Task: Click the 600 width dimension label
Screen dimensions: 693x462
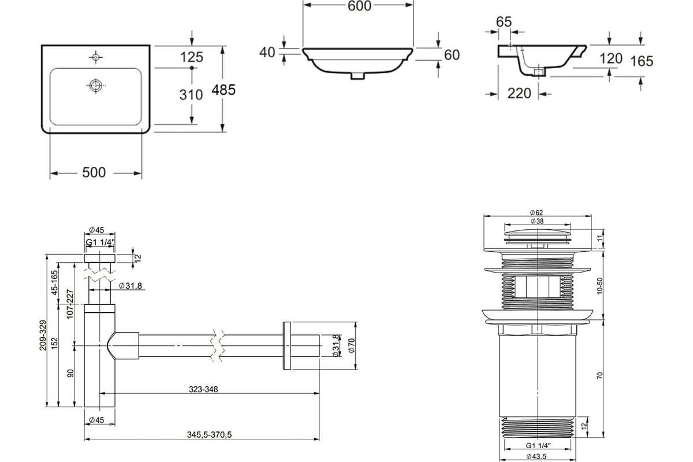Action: (x=359, y=6)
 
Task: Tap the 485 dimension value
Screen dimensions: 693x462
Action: (x=223, y=90)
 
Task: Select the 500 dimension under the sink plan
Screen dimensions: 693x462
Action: (x=94, y=172)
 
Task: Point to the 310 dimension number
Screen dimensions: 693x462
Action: (x=191, y=95)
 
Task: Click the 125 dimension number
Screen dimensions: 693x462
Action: (x=192, y=57)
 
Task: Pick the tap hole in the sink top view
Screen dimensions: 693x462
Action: (x=96, y=57)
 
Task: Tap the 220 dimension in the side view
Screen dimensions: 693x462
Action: (x=519, y=93)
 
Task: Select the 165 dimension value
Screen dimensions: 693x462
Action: (x=642, y=61)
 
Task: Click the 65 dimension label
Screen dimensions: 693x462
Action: (x=504, y=22)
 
